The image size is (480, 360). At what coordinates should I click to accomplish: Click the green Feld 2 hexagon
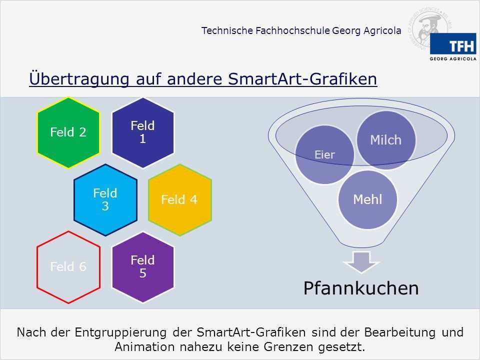tap(68, 132)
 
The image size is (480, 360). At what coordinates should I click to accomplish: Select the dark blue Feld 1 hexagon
tap(142, 132)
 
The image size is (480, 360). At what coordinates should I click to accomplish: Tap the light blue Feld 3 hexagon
tap(105, 199)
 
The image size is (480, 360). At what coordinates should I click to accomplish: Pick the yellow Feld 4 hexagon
tap(179, 200)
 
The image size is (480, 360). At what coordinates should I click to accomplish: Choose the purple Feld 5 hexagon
tap(142, 267)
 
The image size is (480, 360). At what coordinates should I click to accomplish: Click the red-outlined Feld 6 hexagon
tap(68, 267)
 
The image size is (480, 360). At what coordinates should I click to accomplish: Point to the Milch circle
tap(385, 140)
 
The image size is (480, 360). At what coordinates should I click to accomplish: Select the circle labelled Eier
tap(324, 155)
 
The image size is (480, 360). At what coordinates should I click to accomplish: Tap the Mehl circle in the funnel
tap(367, 200)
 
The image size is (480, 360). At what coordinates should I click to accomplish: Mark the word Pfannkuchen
tap(361, 288)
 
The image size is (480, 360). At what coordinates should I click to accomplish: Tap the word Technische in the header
tap(226, 31)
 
